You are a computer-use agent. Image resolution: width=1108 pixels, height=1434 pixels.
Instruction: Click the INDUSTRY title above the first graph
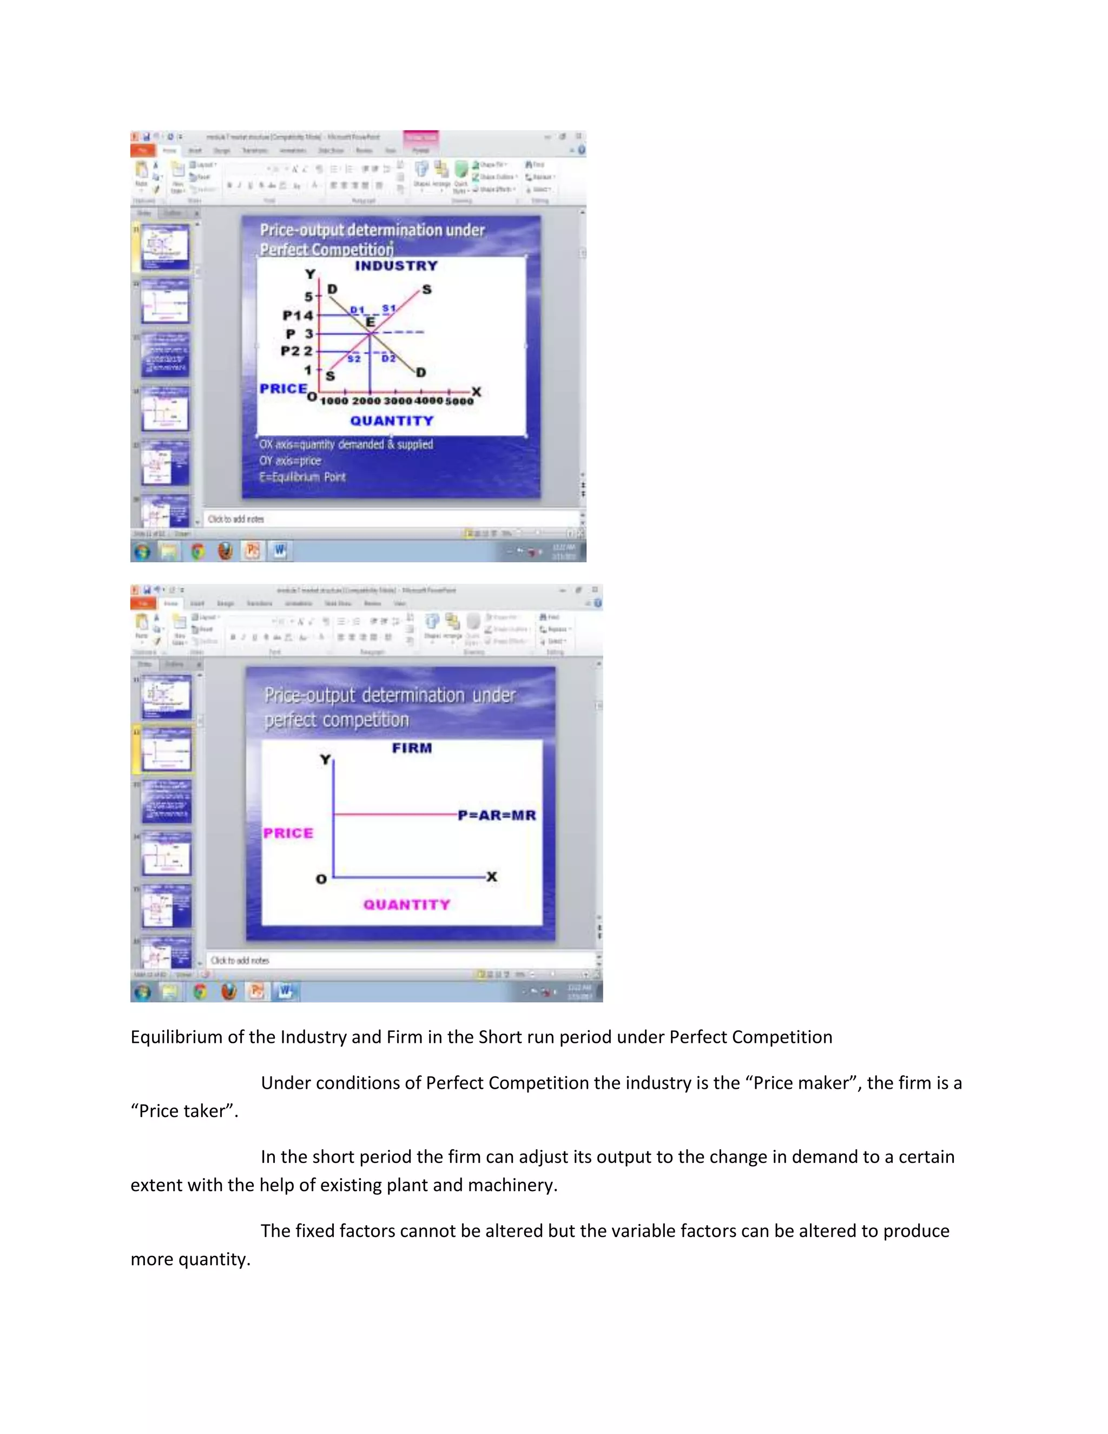pos(396,266)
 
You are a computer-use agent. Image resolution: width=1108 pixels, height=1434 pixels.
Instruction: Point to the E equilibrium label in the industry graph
pos(370,323)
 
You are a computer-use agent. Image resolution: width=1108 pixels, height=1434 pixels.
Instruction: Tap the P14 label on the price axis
pos(298,316)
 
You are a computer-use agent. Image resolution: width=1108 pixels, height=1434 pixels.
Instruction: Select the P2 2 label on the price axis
pos(296,351)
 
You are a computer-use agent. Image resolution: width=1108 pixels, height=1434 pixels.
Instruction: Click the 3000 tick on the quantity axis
pos(398,401)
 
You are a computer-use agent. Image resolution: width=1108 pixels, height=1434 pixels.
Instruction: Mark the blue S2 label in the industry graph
pos(354,358)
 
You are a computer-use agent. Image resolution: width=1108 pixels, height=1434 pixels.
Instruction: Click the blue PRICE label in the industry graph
pos(283,389)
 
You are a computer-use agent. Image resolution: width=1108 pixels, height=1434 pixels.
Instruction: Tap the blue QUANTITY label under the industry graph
pos(391,421)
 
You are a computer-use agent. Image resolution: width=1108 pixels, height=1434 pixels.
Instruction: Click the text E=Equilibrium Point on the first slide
pos(302,477)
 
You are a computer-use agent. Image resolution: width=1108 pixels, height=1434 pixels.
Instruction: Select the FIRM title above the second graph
pos(412,748)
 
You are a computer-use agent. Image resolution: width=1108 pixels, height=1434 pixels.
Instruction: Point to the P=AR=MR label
pos(497,815)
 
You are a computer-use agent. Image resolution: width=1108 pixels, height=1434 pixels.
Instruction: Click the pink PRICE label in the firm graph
pos(288,833)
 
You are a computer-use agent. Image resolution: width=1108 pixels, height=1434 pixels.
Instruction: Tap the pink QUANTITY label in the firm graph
pos(407,905)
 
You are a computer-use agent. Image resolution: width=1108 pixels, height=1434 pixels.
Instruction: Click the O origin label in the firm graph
pos(321,879)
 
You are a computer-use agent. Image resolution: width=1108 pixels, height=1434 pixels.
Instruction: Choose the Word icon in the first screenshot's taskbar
pos(280,550)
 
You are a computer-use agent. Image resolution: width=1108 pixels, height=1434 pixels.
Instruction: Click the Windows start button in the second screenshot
pos(142,991)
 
